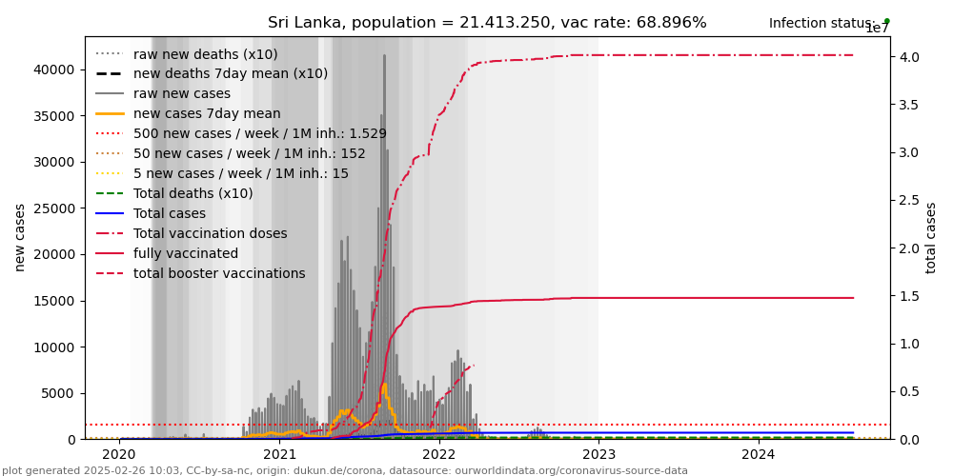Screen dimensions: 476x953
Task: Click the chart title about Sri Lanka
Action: [487, 23]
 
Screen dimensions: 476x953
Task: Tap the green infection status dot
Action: [886, 21]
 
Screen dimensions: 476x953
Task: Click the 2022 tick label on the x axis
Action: [439, 456]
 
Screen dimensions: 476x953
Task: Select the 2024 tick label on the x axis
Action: [759, 456]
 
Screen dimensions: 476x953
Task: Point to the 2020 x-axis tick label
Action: [120, 456]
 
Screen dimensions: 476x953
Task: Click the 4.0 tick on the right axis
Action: [911, 57]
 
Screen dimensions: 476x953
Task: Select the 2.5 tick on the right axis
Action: [911, 201]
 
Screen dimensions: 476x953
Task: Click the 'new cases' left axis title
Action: [20, 237]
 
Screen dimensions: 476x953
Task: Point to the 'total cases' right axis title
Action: [931, 237]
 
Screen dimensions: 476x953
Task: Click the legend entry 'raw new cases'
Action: [182, 93]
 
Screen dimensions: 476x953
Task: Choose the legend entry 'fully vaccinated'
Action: [186, 253]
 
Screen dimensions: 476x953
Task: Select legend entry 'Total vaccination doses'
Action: [210, 233]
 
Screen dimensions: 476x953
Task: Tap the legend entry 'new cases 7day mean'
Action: [207, 113]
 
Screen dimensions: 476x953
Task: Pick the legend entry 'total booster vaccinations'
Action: [219, 273]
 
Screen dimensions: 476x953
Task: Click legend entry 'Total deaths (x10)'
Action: [193, 193]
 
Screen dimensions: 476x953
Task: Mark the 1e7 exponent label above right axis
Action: [877, 29]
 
